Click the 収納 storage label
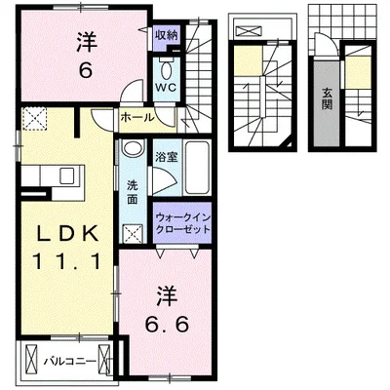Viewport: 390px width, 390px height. (167, 35)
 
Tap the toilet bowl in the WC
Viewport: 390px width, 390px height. (167, 69)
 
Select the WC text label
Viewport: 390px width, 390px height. (166, 87)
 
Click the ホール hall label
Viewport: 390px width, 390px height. (137, 117)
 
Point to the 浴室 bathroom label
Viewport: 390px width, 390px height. (166, 158)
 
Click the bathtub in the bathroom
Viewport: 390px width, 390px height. (195, 168)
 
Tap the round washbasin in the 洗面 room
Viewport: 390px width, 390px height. (133, 148)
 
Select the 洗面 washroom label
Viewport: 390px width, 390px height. (133, 192)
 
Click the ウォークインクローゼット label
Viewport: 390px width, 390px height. (183, 223)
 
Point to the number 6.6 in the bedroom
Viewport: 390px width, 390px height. (167, 324)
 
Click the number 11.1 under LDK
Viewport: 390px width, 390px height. (66, 261)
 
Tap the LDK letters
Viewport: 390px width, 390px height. (66, 233)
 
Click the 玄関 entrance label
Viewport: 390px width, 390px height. (327, 98)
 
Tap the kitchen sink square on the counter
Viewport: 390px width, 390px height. (68, 175)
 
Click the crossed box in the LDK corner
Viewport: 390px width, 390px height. (34, 119)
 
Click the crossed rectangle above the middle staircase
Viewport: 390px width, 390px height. (248, 31)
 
